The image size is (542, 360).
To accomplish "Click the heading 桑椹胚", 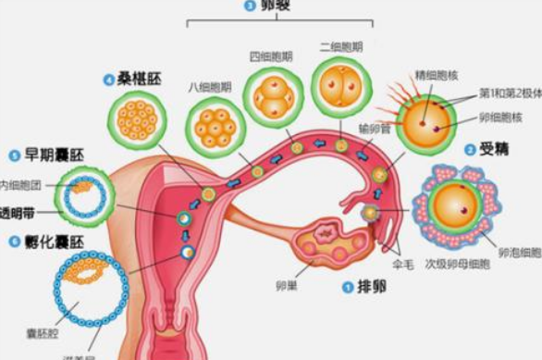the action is pos(143,80).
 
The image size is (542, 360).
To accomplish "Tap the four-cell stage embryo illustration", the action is pos(272,99).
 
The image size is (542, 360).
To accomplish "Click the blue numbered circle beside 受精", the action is pos(471,149).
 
